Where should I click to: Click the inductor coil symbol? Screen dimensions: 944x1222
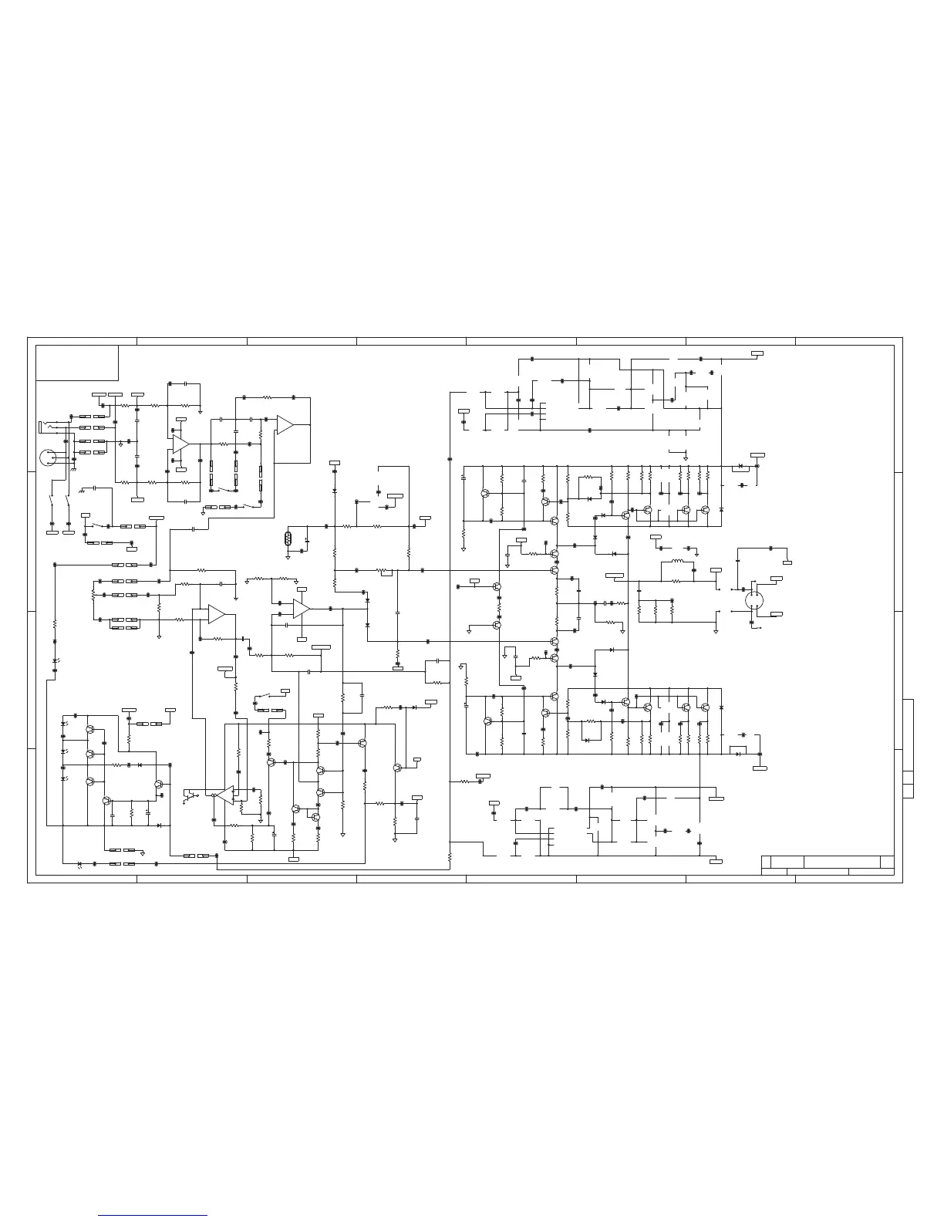click(678, 561)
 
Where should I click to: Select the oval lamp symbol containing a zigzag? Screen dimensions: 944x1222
click(288, 538)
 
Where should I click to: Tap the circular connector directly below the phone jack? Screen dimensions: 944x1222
click(49, 457)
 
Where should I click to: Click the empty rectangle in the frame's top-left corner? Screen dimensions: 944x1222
click(77, 363)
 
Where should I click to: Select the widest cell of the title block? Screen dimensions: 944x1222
click(842, 862)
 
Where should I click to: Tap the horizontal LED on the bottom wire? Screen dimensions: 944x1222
click(80, 863)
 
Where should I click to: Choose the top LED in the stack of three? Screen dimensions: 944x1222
click(63, 724)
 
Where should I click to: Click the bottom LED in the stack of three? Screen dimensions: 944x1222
click(63, 779)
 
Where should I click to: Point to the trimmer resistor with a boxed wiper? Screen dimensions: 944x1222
click(384, 572)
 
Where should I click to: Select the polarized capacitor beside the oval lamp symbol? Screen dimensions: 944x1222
click(307, 541)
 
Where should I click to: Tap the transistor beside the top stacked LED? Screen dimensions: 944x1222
click(90, 729)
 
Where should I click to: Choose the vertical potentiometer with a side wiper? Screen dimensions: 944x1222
click(93, 596)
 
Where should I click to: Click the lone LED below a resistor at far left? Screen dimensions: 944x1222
click(55, 661)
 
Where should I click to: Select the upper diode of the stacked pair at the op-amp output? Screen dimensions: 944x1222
click(367, 600)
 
